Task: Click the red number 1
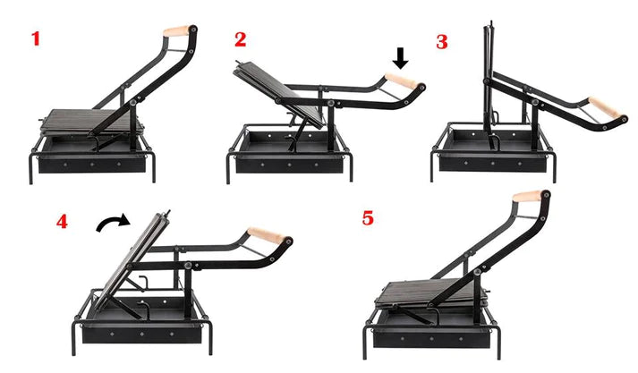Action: coord(36,38)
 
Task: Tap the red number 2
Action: coord(241,39)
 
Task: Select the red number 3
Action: coord(442,42)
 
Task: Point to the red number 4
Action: coord(62,222)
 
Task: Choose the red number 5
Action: coord(368,218)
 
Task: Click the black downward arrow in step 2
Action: coord(401,58)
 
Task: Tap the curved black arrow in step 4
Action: coord(114,224)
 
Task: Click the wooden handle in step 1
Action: coord(177,31)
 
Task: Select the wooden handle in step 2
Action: coord(400,80)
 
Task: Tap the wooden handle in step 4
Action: coord(265,235)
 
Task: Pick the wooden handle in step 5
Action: coord(526,196)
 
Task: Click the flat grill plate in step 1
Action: coord(92,121)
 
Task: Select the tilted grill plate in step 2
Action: coord(279,94)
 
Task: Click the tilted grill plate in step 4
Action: coord(131,259)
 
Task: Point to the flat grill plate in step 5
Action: coord(431,293)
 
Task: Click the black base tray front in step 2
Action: coord(289,165)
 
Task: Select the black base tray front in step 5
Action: coord(431,338)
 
